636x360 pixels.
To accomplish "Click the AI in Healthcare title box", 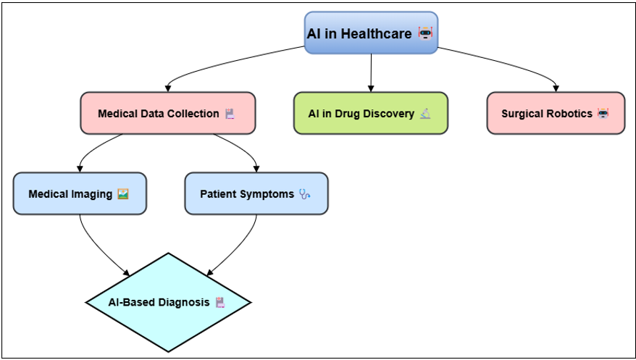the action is (371, 33).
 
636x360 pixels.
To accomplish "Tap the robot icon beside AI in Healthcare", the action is (425, 33).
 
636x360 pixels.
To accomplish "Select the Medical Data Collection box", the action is (168, 113).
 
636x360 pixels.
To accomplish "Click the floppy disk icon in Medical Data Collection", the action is (230, 114).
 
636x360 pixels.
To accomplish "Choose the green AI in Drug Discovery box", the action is (371, 113).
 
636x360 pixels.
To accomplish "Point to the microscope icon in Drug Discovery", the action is (425, 114).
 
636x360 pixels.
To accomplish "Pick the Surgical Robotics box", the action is (556, 113).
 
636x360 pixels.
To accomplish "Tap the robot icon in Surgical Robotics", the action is (603, 114).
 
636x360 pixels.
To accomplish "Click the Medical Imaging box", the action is (80, 193).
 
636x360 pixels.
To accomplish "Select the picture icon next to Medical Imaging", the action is (123, 194).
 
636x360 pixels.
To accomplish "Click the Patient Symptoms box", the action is (256, 193).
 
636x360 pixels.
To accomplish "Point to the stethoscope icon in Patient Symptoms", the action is (305, 194).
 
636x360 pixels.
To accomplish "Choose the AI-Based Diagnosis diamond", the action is (168, 303).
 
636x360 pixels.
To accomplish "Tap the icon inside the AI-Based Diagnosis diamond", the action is (220, 303).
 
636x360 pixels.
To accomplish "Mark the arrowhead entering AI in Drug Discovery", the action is (371, 89).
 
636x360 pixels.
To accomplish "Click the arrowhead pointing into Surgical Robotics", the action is (556, 89).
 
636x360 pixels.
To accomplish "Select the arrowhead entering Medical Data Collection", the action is (168, 89).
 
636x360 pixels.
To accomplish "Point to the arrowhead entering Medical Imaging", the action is (80, 169).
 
